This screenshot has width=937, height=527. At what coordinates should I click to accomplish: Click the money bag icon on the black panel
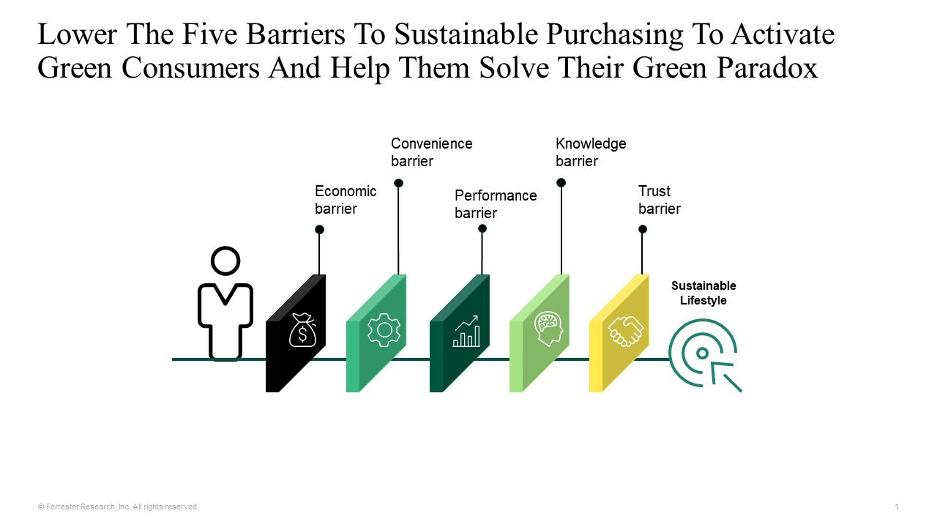[x=302, y=330]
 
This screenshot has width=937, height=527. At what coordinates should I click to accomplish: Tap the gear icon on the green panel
[x=384, y=330]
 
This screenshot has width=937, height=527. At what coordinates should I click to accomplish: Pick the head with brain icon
[x=548, y=329]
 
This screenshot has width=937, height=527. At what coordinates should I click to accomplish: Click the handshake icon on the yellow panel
[x=627, y=331]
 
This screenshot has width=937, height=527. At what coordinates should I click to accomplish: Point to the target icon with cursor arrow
[x=704, y=354]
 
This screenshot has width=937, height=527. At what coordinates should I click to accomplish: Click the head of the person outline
[x=225, y=261]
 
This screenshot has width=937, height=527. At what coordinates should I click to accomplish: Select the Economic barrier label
[x=345, y=200]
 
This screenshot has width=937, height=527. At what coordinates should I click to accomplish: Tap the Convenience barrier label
[x=431, y=152]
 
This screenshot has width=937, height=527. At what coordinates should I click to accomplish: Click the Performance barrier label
[x=495, y=204]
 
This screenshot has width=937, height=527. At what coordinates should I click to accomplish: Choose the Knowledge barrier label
[x=590, y=152]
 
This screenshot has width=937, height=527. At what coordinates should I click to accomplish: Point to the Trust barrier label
[x=659, y=200]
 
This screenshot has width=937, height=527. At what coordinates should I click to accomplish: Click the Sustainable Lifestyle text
[x=703, y=293]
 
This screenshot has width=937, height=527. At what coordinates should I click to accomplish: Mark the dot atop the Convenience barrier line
[x=398, y=183]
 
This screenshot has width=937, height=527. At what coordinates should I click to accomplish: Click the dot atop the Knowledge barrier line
[x=561, y=183]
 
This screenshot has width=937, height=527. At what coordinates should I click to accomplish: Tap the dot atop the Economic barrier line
[x=319, y=230]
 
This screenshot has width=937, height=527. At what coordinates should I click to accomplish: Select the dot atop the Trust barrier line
[x=643, y=229]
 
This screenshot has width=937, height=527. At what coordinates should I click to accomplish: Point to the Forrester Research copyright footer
[x=118, y=507]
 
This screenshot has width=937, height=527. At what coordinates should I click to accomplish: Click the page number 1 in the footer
[x=896, y=507]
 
